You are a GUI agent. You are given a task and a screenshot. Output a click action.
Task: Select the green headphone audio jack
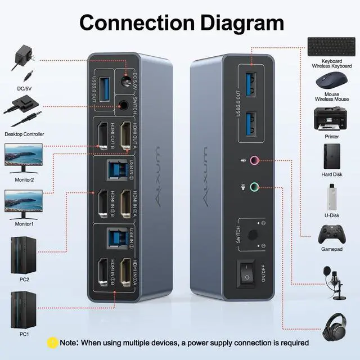[254, 187]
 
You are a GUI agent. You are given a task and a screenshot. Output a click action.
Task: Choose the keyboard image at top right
[327, 46]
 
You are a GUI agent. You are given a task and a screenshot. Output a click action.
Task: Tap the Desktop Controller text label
[24, 134]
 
